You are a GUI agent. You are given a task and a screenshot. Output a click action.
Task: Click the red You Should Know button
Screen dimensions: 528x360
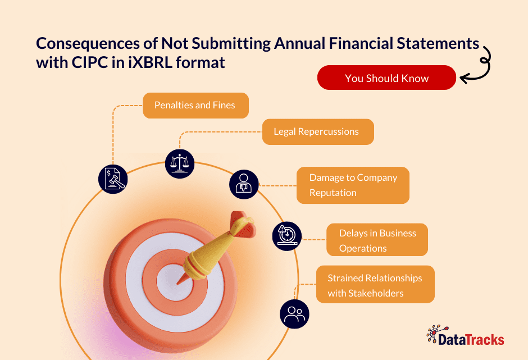pyautogui.click(x=386, y=78)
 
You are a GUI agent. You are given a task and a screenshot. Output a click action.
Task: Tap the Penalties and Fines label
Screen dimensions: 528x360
pyautogui.click(x=195, y=106)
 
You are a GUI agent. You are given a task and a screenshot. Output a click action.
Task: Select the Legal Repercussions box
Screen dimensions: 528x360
pyautogui.click(x=318, y=131)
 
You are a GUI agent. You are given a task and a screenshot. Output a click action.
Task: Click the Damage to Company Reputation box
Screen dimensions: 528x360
pyautogui.click(x=353, y=185)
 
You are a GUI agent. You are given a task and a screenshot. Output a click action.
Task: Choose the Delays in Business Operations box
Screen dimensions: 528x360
pyautogui.click(x=377, y=240)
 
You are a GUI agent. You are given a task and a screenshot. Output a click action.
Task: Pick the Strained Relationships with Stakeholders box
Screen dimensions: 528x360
pyautogui.click(x=375, y=285)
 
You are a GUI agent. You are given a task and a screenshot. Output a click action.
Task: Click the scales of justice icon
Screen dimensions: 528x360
pyautogui.click(x=180, y=163)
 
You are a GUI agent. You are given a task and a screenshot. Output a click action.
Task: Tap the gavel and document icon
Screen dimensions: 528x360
pyautogui.click(x=113, y=179)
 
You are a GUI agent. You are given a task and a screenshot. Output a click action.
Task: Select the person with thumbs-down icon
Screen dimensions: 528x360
pyautogui.click(x=244, y=184)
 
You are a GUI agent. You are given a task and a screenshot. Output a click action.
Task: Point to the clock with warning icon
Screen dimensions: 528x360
pyautogui.click(x=287, y=236)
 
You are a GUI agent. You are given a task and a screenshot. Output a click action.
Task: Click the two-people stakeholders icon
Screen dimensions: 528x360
pyautogui.click(x=294, y=314)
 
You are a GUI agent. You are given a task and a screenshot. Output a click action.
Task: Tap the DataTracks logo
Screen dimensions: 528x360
pyautogui.click(x=465, y=336)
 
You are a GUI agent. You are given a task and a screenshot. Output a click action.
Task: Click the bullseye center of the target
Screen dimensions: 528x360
pyautogui.click(x=175, y=281)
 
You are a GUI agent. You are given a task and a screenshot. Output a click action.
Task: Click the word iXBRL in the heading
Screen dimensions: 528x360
pyautogui.click(x=150, y=63)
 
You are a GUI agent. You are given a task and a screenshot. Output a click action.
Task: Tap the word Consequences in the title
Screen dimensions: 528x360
pyautogui.click(x=88, y=44)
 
